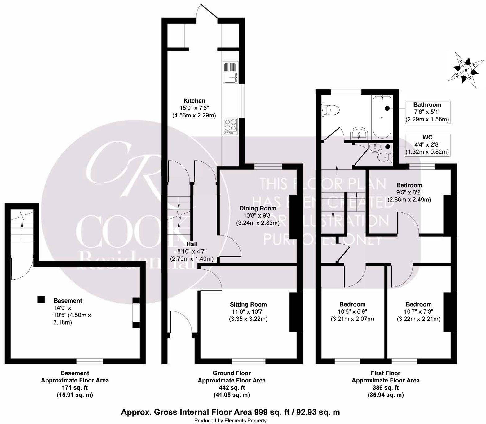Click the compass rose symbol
click(x=466, y=70)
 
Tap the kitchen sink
click(x=230, y=73)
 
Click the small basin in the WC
click(x=376, y=148)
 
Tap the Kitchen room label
click(x=194, y=101)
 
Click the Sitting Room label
click(x=248, y=304)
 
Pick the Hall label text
click(x=192, y=244)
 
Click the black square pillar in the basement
click(x=41, y=299)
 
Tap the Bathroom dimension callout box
click(x=427, y=112)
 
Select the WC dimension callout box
click(x=427, y=145)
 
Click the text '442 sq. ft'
click(x=232, y=387)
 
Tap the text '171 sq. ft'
click(x=75, y=387)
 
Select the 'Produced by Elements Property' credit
click(x=230, y=421)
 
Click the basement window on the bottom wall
click(x=90, y=361)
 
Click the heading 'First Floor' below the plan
click(x=385, y=373)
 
